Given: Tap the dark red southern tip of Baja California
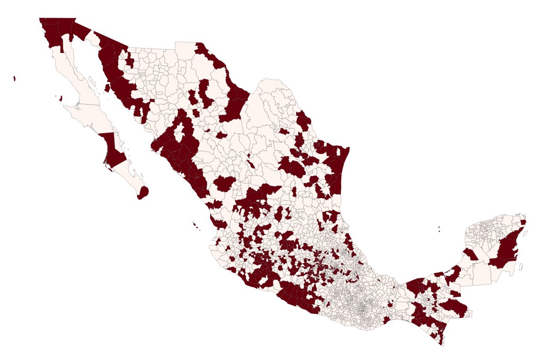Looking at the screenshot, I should [x=143, y=193].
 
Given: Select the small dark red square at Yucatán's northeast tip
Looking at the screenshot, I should [x=523, y=222].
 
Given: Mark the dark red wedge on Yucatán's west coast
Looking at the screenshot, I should [x=470, y=254].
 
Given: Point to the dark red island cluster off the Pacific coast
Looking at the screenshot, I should [x=196, y=225].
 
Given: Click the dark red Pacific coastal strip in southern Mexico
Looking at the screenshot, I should [x=296, y=298].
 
